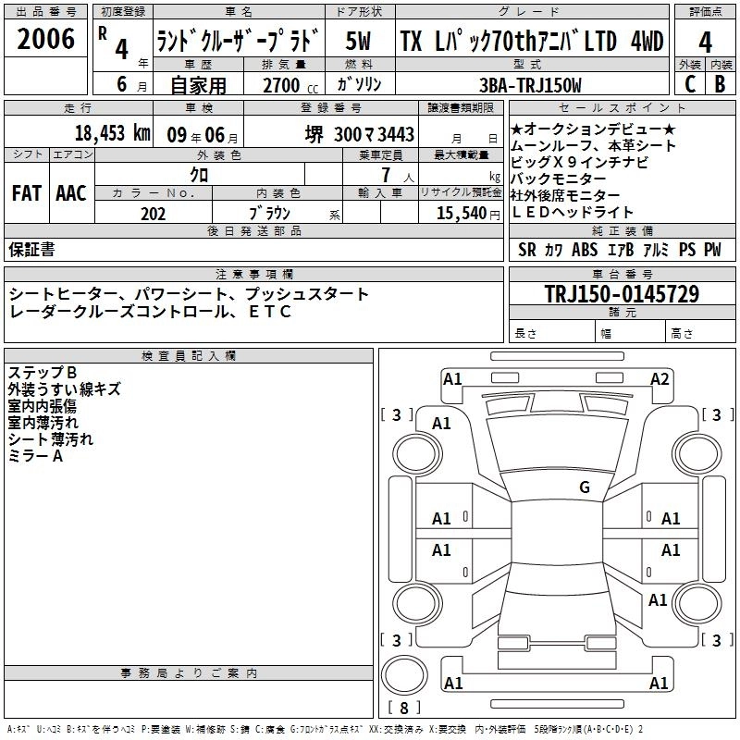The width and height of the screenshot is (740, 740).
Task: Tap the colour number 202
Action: point(153,214)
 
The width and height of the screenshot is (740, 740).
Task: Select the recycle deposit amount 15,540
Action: point(460,214)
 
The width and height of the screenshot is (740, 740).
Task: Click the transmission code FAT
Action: point(28,193)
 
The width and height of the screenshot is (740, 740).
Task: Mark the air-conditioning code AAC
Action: point(71,193)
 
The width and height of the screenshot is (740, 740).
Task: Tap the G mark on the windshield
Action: point(585,487)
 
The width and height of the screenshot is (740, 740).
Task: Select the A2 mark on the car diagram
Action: point(659,378)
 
